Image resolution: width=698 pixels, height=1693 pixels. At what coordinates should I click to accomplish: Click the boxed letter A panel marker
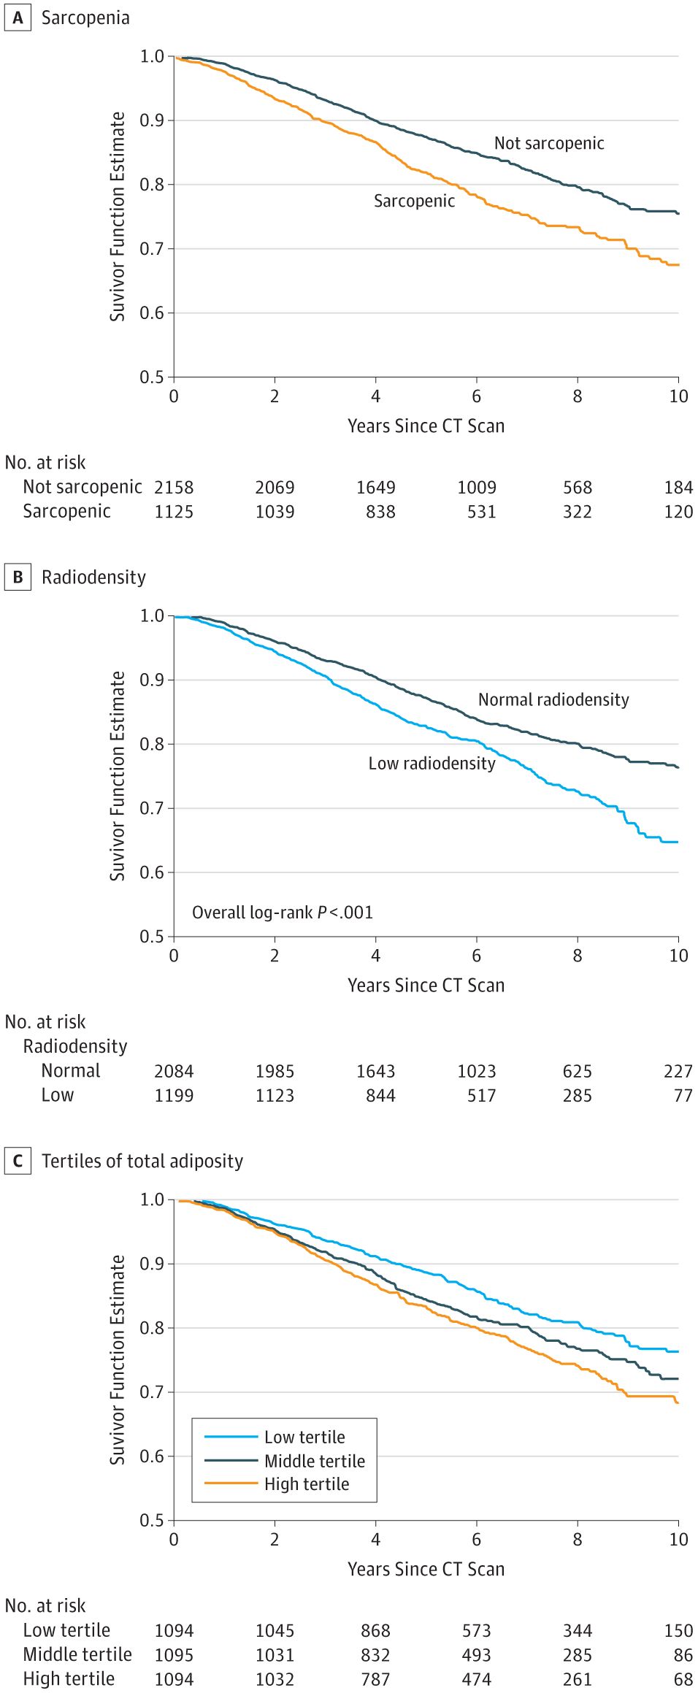(18, 18)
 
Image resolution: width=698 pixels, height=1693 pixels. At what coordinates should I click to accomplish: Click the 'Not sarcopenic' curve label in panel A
(549, 143)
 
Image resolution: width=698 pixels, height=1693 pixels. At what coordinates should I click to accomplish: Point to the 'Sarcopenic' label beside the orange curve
(414, 201)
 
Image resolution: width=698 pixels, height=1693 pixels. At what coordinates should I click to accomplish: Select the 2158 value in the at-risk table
(174, 487)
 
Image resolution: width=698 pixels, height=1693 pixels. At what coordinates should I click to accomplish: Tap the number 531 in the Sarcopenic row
(481, 512)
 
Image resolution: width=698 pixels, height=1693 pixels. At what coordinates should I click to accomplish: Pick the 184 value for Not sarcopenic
(678, 487)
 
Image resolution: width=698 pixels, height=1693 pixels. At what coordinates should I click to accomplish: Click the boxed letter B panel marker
(18, 577)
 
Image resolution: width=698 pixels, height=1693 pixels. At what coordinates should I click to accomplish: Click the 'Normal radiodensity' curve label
(553, 699)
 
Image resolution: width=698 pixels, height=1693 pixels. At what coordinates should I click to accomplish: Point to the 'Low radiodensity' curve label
(432, 763)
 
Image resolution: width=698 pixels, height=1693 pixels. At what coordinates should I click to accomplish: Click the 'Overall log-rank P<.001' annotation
(282, 912)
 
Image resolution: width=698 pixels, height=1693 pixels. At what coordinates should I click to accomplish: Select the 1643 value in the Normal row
(375, 1071)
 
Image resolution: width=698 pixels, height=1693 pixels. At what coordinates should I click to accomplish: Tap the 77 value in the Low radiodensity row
(683, 1095)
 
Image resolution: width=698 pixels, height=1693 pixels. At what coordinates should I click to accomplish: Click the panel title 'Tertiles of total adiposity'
(142, 1161)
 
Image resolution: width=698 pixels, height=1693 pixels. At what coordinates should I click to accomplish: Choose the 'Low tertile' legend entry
(304, 1437)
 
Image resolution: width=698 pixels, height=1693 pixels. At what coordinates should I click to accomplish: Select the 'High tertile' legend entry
(307, 1483)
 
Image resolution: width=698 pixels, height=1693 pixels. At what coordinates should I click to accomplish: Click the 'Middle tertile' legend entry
(315, 1460)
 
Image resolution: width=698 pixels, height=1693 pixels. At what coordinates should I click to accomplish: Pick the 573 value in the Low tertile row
(476, 1630)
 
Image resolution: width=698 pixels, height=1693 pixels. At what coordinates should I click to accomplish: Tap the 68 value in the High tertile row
(683, 1679)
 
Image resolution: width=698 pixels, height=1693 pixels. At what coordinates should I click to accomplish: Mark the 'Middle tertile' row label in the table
(77, 1654)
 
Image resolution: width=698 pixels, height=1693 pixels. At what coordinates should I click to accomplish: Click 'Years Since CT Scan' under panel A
(426, 426)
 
